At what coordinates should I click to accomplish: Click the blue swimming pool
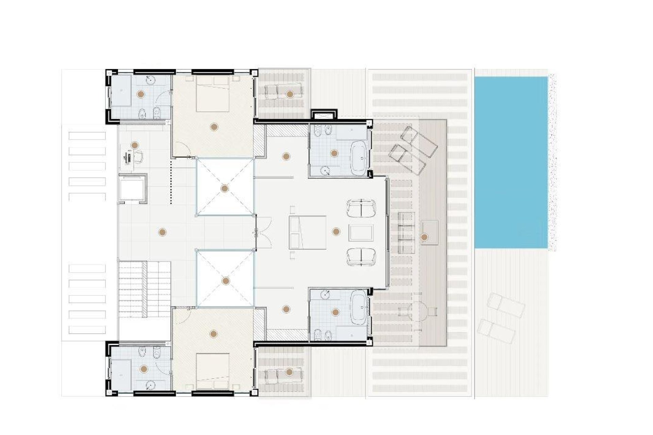coord(511,162)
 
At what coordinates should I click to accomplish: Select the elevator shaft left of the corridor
coord(132,188)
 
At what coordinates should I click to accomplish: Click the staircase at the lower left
coord(145,289)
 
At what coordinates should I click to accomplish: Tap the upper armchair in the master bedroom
coord(361,208)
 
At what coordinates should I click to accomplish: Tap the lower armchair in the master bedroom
coord(361,257)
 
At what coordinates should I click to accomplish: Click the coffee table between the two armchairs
coord(361,233)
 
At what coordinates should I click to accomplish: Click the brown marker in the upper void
coord(224,188)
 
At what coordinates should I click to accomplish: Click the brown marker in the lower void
coord(225,281)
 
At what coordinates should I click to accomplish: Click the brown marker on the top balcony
coord(289,94)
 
